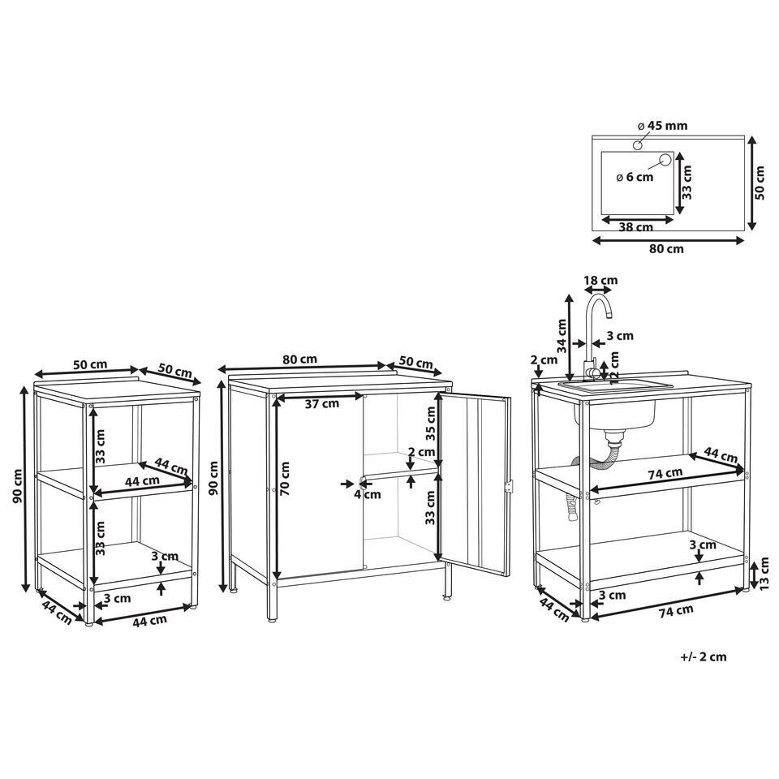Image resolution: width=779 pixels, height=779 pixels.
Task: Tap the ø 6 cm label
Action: click(x=635, y=177)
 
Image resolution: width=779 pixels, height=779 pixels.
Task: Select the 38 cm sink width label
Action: click(x=636, y=227)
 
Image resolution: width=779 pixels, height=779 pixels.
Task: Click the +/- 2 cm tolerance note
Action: click(x=703, y=656)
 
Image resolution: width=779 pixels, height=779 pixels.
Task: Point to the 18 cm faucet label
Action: click(x=600, y=280)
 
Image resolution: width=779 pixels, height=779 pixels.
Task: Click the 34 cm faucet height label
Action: click(x=562, y=336)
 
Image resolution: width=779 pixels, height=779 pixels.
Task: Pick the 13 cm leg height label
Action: click(x=764, y=572)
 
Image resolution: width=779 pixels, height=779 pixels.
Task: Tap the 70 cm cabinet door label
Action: click(x=284, y=479)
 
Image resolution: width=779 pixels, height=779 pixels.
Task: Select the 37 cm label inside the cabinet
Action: click(x=322, y=404)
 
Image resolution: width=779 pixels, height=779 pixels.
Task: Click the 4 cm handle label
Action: click(x=368, y=494)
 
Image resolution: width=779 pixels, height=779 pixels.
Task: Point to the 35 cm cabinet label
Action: click(x=430, y=424)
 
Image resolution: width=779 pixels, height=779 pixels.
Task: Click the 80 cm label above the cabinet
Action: click(x=299, y=359)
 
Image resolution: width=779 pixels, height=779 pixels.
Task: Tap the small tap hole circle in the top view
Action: click(x=638, y=145)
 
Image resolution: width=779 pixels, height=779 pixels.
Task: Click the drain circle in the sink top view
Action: click(x=665, y=160)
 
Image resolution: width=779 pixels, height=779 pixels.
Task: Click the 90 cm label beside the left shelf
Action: click(x=18, y=486)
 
